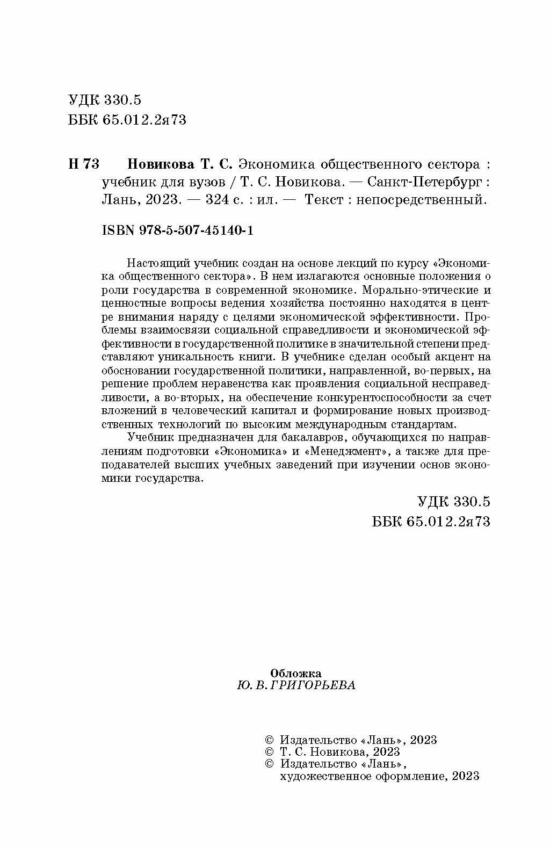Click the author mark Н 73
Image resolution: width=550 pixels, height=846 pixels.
coord(84,163)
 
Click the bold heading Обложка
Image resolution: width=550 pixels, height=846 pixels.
coord(295,673)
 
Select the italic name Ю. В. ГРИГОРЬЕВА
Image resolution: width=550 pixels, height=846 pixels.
coord(295,685)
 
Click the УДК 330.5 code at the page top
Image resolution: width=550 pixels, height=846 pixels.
coord(105,100)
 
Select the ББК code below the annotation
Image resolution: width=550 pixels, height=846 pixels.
coord(431,521)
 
